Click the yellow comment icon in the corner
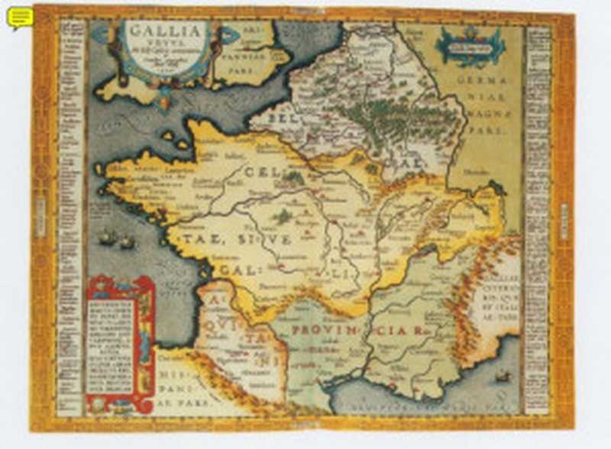[20, 17]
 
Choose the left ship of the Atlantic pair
[106, 237]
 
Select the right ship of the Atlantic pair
[127, 242]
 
